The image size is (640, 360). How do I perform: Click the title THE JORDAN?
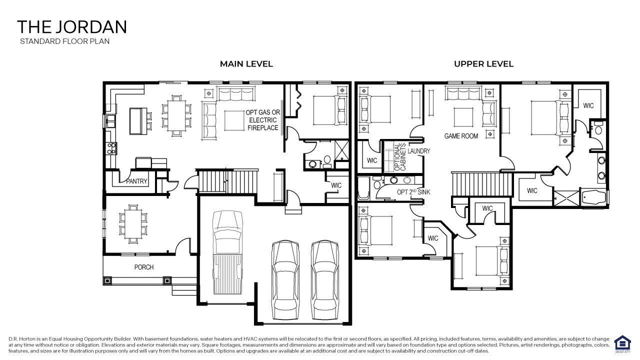pyautogui.click(x=72, y=27)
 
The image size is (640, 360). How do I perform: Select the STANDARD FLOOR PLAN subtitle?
pyautogui.click(x=64, y=41)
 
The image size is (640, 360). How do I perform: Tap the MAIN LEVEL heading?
pyautogui.click(x=246, y=64)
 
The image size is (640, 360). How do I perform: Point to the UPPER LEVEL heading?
pyautogui.click(x=483, y=64)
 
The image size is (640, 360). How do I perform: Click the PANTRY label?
pyautogui.click(x=136, y=181)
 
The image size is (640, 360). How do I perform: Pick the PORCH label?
pyautogui.click(x=144, y=267)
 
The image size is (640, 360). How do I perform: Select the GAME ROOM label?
pyautogui.click(x=461, y=136)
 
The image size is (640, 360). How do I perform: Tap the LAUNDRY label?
pyautogui.click(x=418, y=151)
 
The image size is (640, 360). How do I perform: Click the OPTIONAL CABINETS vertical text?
pyautogui.click(x=400, y=157)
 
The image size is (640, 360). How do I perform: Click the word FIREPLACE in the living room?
pyautogui.click(x=263, y=128)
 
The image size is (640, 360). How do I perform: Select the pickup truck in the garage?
pyautogui.click(x=227, y=255)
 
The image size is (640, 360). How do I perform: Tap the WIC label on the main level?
pyautogui.click(x=336, y=185)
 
